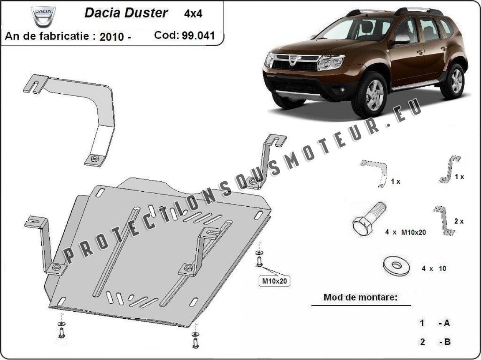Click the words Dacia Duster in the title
126,12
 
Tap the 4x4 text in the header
193,13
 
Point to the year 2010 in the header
111,37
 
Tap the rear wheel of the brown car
456,81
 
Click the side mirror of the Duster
400,40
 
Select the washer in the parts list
395,265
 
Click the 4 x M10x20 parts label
405,232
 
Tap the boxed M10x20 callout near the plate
274,281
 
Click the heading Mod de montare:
360,297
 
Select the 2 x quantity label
458,221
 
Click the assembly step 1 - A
435,323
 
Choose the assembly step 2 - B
435,342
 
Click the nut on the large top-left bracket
94,159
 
